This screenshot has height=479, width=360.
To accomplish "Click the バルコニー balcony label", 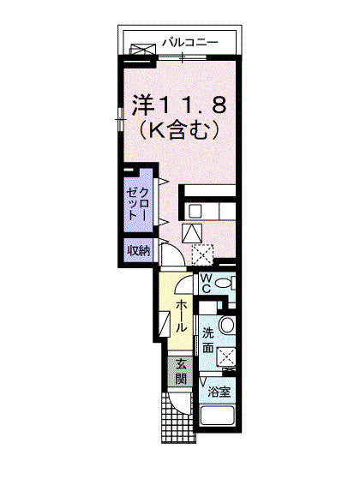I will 189,41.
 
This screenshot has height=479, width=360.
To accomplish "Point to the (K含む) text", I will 180,131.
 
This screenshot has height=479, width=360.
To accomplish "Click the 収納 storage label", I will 139,251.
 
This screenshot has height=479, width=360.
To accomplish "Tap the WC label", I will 207,284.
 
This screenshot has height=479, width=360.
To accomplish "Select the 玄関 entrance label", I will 182,371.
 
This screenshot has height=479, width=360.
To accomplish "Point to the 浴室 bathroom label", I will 219,392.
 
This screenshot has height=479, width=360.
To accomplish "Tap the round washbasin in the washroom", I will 227,325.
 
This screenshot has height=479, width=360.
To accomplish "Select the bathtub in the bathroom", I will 221,417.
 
